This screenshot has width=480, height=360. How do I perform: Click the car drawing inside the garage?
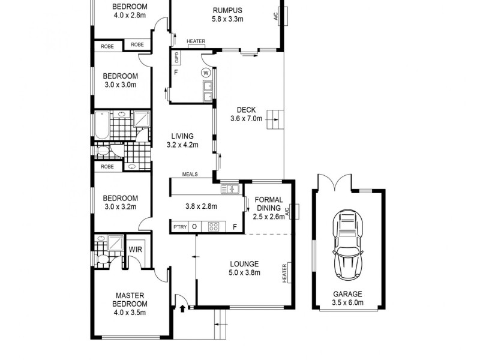point(347,241)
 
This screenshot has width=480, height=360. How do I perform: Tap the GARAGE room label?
point(347,294)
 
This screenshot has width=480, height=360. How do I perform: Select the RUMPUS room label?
point(227,10)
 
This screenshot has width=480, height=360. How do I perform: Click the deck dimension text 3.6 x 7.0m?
point(246,118)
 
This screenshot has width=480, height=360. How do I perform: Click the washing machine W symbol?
point(206,73)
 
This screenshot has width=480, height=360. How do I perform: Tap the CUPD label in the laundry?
point(176,58)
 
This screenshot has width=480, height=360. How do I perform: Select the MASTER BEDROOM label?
point(130,299)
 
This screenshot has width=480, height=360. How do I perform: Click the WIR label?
point(134,248)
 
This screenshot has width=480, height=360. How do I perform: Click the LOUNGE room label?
point(244,264)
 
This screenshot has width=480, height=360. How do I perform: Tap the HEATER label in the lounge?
point(284,274)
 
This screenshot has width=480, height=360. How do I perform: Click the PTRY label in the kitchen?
point(179,227)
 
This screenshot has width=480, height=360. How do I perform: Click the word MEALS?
point(193,175)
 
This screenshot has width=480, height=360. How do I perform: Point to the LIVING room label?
point(182,136)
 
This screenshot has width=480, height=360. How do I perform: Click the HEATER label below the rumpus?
point(196,41)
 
